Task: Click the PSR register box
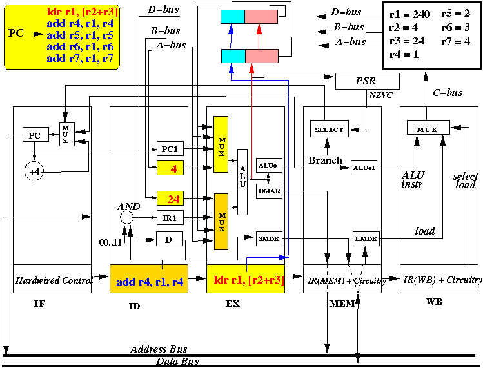point(367,81)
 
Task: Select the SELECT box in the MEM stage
point(330,129)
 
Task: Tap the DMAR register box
point(269,191)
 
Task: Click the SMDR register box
point(269,238)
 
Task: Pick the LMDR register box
point(366,238)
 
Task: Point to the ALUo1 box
point(364,168)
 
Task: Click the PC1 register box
point(170,149)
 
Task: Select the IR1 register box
point(170,218)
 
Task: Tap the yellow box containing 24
point(170,199)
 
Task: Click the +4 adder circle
point(34,171)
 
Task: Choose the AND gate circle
point(126,218)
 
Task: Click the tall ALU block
point(242,182)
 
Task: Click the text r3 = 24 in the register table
point(407,41)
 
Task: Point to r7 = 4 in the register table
point(455,41)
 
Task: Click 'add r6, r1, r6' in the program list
point(80,47)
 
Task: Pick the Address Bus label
point(159,349)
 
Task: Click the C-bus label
point(448,93)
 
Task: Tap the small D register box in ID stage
point(170,239)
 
